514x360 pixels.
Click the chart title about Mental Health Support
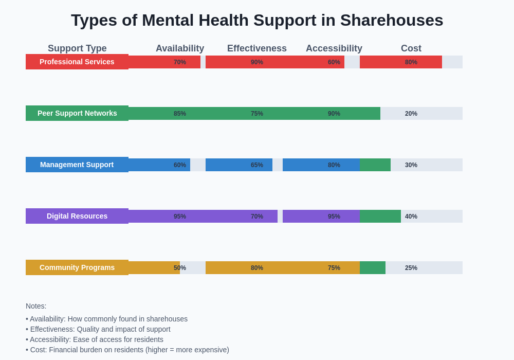coord(257,20)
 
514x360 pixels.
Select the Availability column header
coord(180,48)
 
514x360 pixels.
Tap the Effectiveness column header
coord(257,48)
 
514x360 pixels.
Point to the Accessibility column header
coord(334,48)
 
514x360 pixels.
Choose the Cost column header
coord(411,48)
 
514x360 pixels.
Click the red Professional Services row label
coord(77,62)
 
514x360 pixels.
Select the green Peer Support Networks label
coord(77,113)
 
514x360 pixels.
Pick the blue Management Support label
coord(77,165)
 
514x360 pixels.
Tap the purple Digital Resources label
coord(77,216)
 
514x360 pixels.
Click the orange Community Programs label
coord(77,267)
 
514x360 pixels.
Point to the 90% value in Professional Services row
coord(257,62)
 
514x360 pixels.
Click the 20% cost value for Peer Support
coord(411,114)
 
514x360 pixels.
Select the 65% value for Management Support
coord(257,165)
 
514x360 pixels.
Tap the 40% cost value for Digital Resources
coord(411,217)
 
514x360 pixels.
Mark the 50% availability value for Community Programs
coord(180,268)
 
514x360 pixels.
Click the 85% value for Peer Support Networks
coord(180,114)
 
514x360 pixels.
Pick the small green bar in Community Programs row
coord(373,267)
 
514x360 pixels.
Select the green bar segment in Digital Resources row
coord(380,216)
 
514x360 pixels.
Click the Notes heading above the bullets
coord(36,306)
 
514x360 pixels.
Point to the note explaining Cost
coord(127,350)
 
